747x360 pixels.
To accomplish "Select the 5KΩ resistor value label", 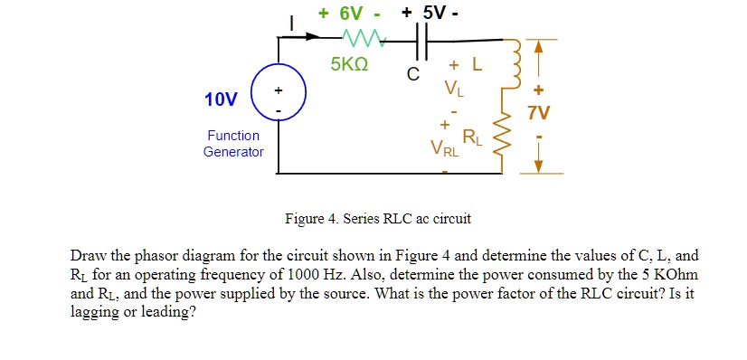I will [x=348, y=65].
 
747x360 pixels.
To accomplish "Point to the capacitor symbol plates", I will [x=421, y=40].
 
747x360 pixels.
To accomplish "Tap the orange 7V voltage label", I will [x=540, y=114].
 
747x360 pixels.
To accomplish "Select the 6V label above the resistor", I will [x=349, y=13].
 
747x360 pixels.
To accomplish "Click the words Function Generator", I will [x=233, y=143].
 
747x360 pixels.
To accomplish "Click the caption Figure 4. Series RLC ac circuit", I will [x=377, y=219].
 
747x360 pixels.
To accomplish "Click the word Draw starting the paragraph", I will [x=89, y=256].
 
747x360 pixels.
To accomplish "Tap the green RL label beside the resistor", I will [x=472, y=138].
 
